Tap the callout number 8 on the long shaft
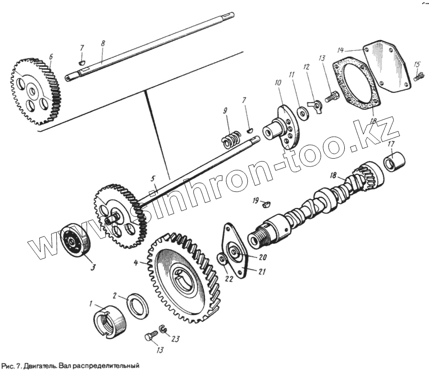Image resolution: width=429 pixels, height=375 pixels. pyautogui.click(x=102, y=44)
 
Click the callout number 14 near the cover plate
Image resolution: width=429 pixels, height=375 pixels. pyautogui.click(x=340, y=49)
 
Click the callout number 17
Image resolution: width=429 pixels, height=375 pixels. pyautogui.click(x=390, y=144)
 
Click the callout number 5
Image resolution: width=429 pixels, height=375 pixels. pyautogui.click(x=153, y=179)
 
